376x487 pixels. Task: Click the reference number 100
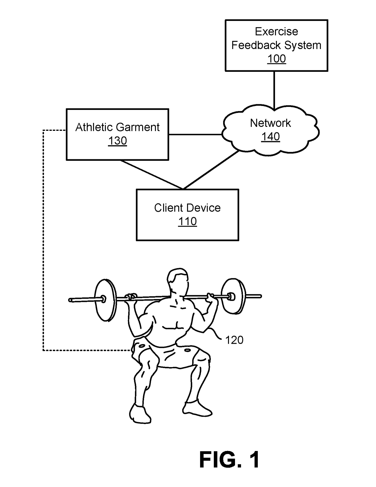click(277, 59)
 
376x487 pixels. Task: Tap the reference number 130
click(118, 141)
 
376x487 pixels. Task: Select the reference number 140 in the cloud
click(270, 137)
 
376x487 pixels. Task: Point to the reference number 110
click(188, 221)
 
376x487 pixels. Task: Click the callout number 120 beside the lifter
click(234, 340)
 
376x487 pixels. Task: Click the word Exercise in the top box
click(277, 31)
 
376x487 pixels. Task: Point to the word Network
click(270, 123)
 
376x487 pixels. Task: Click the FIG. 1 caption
click(229, 459)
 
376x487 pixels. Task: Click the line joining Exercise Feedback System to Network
click(274, 91)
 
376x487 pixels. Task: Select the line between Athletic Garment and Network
click(195, 134)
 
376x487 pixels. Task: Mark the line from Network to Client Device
click(211, 170)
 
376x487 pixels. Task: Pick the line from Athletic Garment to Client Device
click(152, 174)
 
